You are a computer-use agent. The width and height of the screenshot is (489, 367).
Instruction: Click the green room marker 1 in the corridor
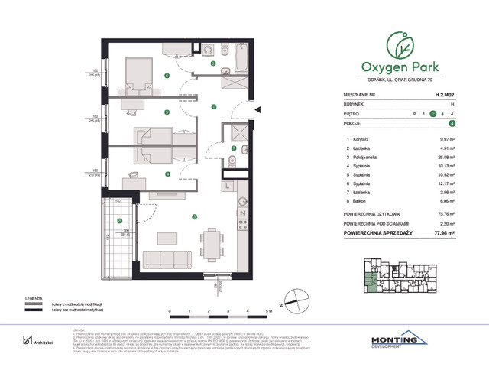pyautogui.click(x=214, y=107)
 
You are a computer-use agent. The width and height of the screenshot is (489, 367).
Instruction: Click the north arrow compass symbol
pyautogui.click(x=289, y=300)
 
